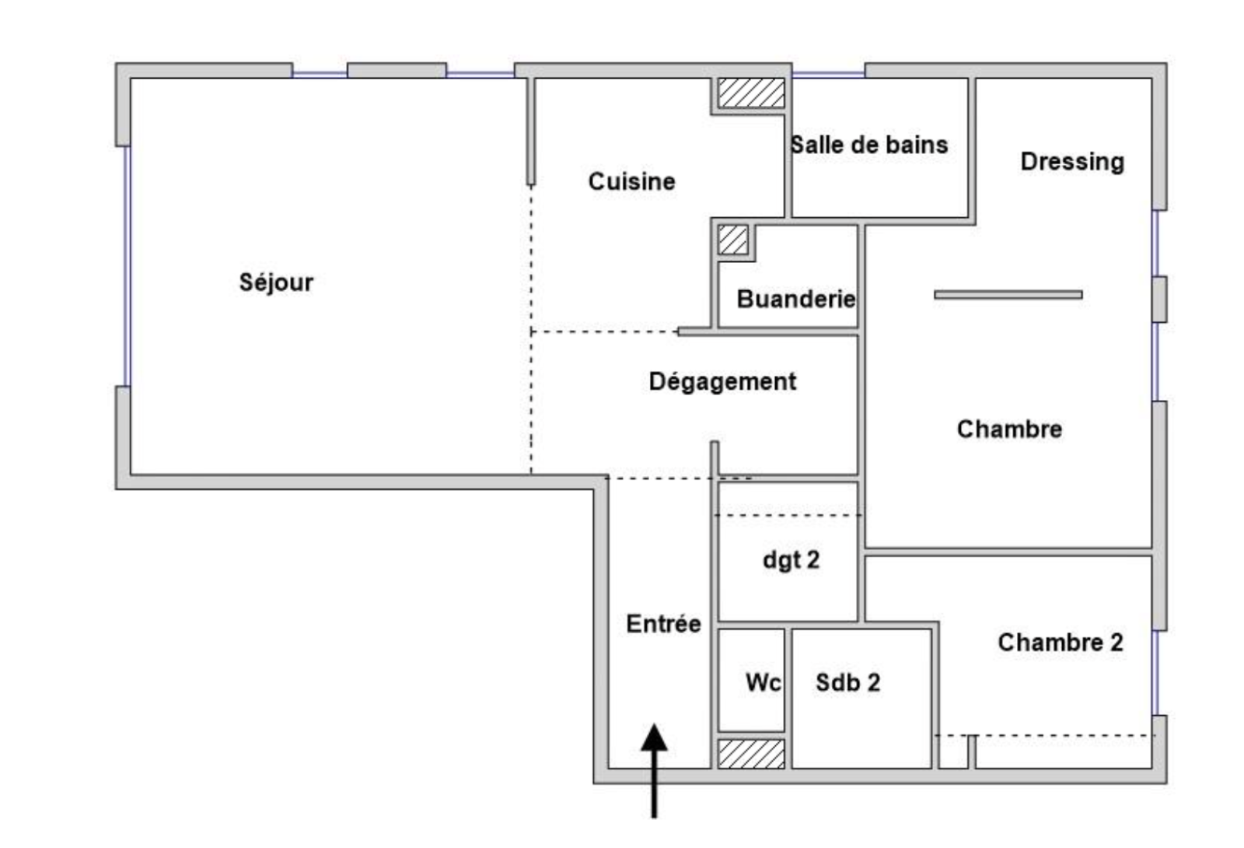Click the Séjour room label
(x=276, y=283)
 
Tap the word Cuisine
(x=631, y=182)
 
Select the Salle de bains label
(x=869, y=145)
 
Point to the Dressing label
(x=1072, y=163)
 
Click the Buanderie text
(x=796, y=299)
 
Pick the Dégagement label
(x=722, y=382)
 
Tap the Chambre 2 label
(x=1061, y=643)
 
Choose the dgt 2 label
(x=791, y=561)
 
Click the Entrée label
(x=664, y=623)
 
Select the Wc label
(x=763, y=683)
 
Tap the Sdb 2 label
(x=848, y=683)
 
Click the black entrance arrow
(x=654, y=771)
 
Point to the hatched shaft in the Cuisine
(x=751, y=93)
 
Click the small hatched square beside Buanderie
(x=732, y=240)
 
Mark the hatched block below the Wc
(x=751, y=754)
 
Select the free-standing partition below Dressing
(x=1008, y=295)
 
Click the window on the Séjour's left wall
(x=128, y=266)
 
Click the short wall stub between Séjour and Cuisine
(x=531, y=131)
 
